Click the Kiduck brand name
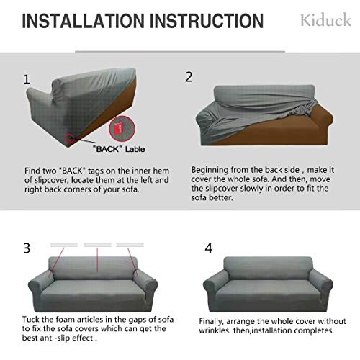326,20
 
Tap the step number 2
189,76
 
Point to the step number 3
27,248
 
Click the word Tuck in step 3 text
33,318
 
